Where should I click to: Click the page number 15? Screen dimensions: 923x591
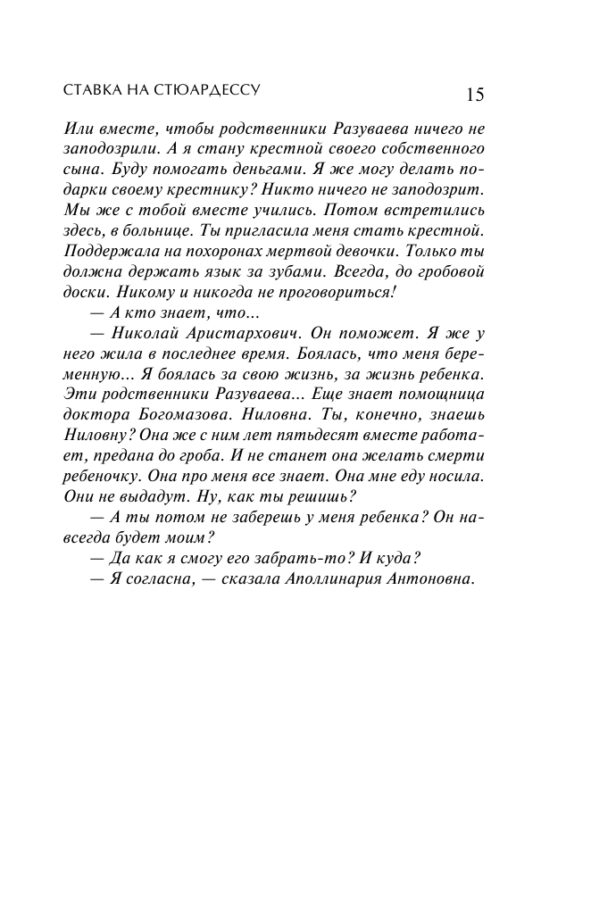pyautogui.click(x=474, y=96)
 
